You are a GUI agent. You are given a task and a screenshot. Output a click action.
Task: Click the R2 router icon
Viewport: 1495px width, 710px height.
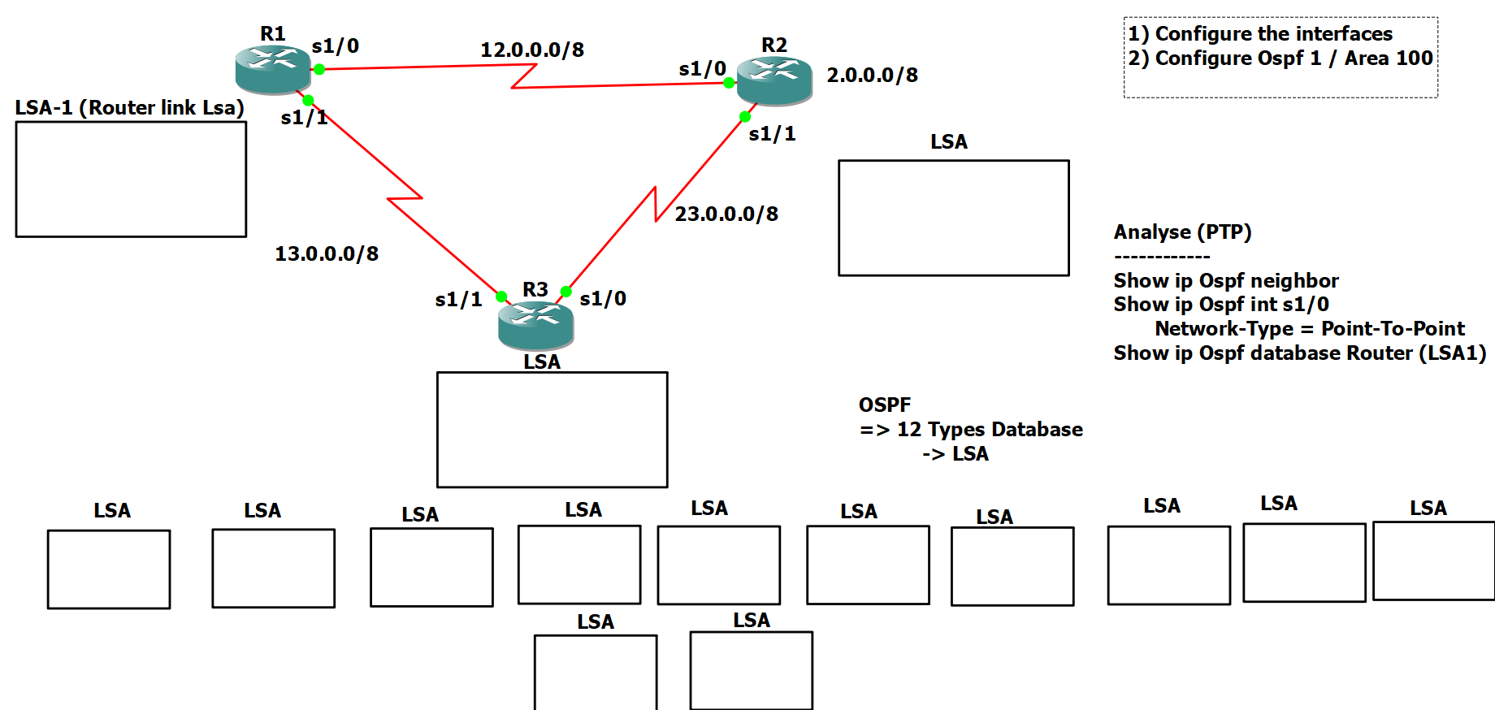tap(774, 80)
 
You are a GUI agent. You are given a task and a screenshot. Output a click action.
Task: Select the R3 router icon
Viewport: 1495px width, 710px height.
tap(535, 325)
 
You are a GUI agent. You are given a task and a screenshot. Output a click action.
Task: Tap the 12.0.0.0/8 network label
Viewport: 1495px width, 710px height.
tap(532, 50)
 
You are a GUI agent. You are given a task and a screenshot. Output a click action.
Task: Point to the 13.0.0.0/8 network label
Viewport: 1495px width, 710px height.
tap(327, 253)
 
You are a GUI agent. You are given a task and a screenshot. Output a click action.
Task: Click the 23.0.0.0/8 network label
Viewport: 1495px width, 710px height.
tap(726, 214)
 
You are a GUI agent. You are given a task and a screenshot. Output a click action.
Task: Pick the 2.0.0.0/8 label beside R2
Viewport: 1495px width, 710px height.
tap(872, 75)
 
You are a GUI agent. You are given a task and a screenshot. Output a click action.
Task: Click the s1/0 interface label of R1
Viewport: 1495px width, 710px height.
tap(335, 45)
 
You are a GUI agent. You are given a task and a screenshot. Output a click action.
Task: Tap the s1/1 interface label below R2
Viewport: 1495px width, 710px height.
tap(772, 133)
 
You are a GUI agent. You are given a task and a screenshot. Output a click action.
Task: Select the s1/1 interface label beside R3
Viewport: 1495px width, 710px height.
tap(458, 299)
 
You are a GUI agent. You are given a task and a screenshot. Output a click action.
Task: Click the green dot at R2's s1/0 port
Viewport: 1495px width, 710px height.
tap(729, 82)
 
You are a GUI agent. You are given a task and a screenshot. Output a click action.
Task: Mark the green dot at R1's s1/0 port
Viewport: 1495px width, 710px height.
tap(319, 70)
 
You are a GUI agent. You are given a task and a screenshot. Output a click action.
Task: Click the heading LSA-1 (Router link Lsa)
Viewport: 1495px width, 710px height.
tap(130, 107)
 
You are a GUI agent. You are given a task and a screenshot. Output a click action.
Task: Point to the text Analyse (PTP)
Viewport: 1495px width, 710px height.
tap(1182, 232)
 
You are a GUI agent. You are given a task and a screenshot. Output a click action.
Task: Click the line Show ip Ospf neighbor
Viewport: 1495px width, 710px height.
tap(1225, 280)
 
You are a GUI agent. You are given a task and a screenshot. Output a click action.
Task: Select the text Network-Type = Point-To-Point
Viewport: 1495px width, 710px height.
tap(1310, 328)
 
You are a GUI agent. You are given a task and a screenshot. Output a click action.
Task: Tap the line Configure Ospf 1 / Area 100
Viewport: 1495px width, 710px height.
tap(1280, 58)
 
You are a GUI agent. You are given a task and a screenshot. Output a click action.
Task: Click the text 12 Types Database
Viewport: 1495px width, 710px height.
tap(989, 429)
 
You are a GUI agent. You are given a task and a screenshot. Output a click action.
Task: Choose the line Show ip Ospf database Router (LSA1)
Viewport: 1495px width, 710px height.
tap(1299, 353)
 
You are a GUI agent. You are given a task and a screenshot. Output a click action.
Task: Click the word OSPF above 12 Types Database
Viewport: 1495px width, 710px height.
tap(885, 405)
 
